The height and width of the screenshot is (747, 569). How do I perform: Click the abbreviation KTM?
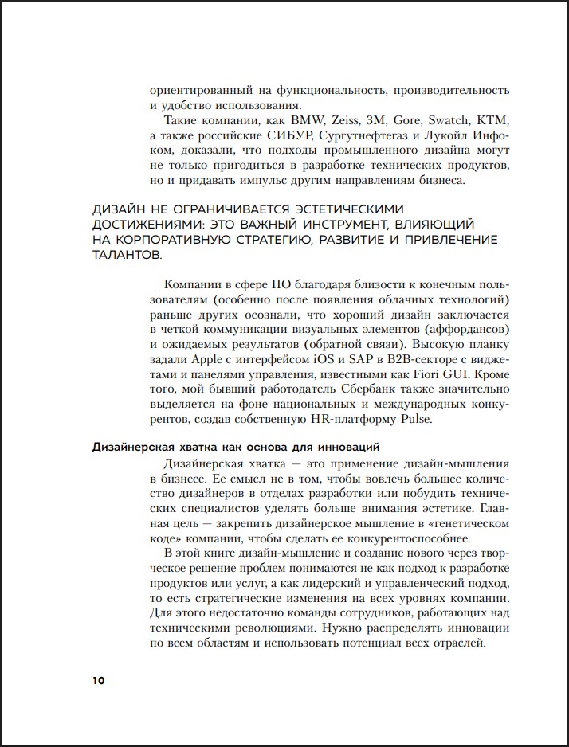pos(492,120)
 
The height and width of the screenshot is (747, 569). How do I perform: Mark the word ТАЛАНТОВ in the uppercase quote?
pos(127,256)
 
